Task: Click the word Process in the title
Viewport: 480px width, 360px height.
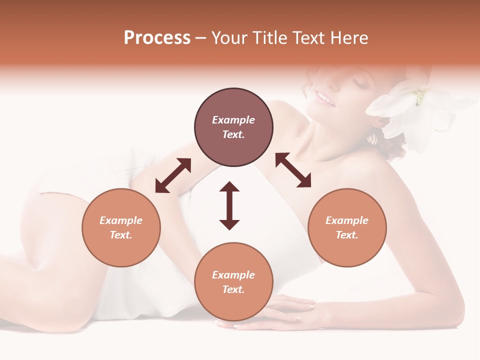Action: pyautogui.click(x=157, y=38)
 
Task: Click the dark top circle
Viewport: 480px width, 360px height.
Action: pyautogui.click(x=233, y=127)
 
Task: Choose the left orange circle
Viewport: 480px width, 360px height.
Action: pyautogui.click(x=121, y=227)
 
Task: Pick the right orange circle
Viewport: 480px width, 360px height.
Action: pyautogui.click(x=347, y=227)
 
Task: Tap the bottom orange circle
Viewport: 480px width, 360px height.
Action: pyautogui.click(x=233, y=282)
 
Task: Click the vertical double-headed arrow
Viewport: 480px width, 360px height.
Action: pyautogui.click(x=229, y=205)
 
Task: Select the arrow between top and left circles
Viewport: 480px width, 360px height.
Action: pyautogui.click(x=173, y=175)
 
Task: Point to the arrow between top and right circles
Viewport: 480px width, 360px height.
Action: pyautogui.click(x=293, y=170)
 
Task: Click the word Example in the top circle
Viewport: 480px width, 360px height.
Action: pyautogui.click(x=233, y=120)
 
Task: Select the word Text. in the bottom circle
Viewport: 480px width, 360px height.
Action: pyautogui.click(x=233, y=289)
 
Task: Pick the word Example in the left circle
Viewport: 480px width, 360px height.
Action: pyautogui.click(x=121, y=220)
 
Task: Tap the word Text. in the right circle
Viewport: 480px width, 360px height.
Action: pyautogui.click(x=347, y=235)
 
